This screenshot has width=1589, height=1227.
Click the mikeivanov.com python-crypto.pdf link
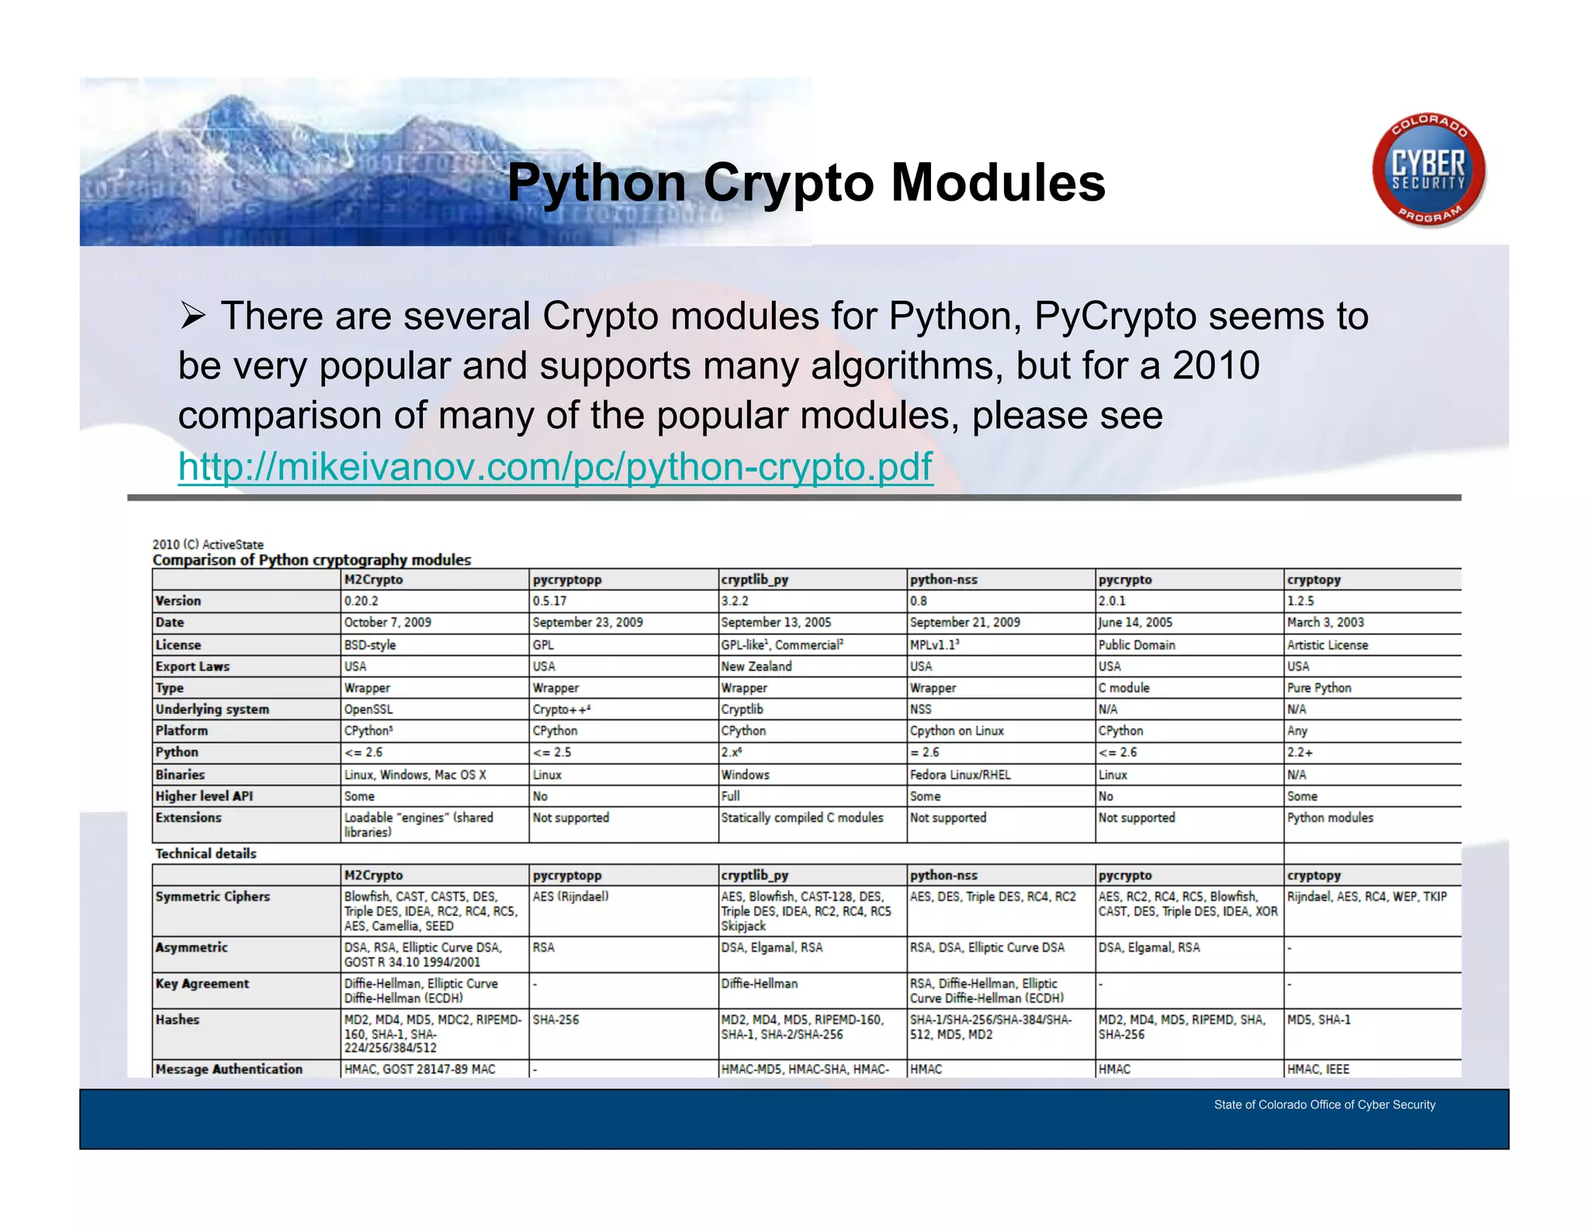tap(555, 467)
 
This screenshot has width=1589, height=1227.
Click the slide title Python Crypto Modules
tap(806, 183)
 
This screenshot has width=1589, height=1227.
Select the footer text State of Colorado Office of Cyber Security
tap(1324, 1104)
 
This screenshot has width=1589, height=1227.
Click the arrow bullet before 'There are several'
tap(192, 316)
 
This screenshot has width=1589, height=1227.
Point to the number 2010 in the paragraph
tap(1216, 365)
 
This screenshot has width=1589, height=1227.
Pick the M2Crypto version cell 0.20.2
tap(362, 601)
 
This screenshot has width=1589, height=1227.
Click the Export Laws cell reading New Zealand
tap(756, 666)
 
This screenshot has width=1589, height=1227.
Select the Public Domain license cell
tap(1137, 645)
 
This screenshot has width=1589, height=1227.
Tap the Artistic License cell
tap(1328, 645)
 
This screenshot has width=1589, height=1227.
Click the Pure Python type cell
tap(1319, 688)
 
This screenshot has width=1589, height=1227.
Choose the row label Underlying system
tap(212, 709)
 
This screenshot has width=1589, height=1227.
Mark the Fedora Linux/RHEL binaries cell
tap(960, 775)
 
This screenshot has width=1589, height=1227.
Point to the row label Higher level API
tap(204, 796)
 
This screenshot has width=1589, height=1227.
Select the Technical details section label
tap(206, 853)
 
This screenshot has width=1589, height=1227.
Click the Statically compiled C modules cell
tap(802, 817)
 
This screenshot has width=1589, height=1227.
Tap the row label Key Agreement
tap(202, 983)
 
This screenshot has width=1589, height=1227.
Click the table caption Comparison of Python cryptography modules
tap(312, 560)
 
